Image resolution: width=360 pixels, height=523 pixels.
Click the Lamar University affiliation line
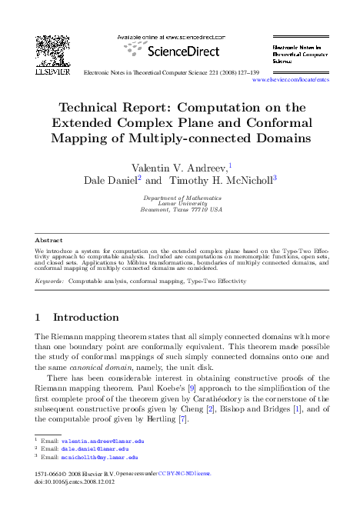point(182,204)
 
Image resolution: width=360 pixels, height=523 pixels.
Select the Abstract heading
point(50,240)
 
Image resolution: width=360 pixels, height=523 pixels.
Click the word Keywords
point(49,281)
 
